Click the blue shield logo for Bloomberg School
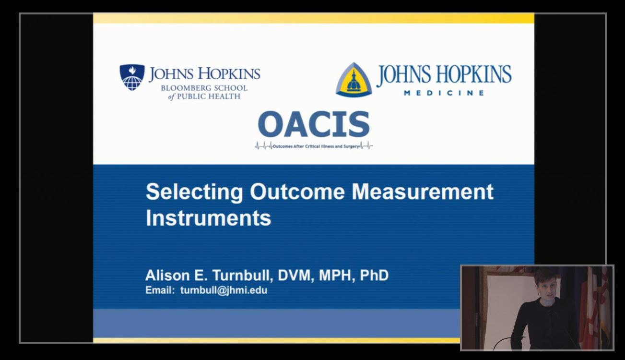pyautogui.click(x=132, y=77)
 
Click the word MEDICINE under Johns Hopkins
pyautogui.click(x=444, y=93)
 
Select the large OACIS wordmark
pyautogui.click(x=314, y=124)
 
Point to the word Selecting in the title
pyautogui.click(x=194, y=192)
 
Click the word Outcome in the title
pyautogui.click(x=297, y=192)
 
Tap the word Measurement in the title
pyautogui.click(x=423, y=192)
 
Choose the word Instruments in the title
pyautogui.click(x=209, y=218)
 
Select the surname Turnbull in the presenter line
pyautogui.click(x=242, y=276)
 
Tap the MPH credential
pyautogui.click(x=337, y=276)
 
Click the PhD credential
pyautogui.click(x=374, y=276)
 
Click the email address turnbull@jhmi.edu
pyautogui.click(x=224, y=290)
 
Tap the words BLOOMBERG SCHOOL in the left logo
pyautogui.click(x=204, y=88)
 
